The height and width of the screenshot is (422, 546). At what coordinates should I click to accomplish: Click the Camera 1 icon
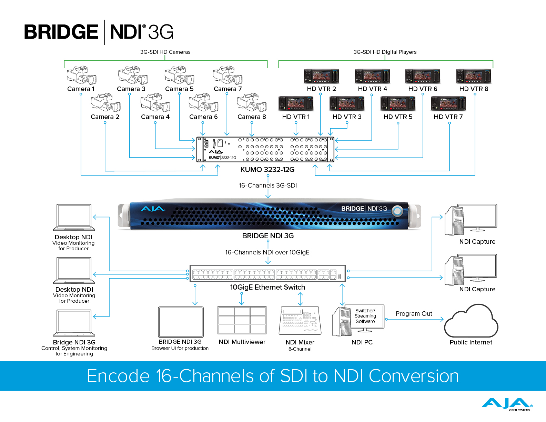click(x=81, y=75)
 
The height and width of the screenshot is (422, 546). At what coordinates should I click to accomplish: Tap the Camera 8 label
click(x=252, y=117)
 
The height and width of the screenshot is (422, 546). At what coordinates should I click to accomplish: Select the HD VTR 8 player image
click(x=474, y=76)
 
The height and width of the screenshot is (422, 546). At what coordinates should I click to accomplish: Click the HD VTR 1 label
click(x=296, y=117)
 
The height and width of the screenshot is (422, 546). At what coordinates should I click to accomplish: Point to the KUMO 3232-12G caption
click(x=267, y=170)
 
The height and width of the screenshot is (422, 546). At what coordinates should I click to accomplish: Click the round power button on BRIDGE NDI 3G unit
click(x=397, y=211)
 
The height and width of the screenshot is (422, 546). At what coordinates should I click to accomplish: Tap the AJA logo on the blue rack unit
click(x=153, y=209)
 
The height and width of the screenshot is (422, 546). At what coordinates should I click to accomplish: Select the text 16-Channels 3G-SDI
click(x=268, y=185)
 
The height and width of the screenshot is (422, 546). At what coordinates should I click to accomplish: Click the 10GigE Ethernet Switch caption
click(x=267, y=287)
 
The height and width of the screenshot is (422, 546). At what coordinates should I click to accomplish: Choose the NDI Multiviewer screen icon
click(x=242, y=320)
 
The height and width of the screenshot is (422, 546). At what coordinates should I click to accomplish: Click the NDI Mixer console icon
click(x=300, y=321)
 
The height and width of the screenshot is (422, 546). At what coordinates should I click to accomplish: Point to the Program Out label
click(x=414, y=314)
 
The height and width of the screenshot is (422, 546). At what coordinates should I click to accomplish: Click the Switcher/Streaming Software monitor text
click(x=365, y=316)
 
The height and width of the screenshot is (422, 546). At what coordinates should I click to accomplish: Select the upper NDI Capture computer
click(x=471, y=220)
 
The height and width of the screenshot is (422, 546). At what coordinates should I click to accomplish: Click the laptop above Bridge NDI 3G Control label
click(x=74, y=323)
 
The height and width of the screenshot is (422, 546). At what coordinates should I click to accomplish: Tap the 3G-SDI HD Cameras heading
click(x=165, y=52)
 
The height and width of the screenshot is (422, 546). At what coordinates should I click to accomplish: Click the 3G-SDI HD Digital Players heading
click(x=385, y=52)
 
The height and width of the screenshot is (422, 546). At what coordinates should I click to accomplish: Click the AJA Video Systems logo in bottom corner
click(x=507, y=404)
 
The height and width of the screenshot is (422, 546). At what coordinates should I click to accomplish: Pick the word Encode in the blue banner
click(x=118, y=376)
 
